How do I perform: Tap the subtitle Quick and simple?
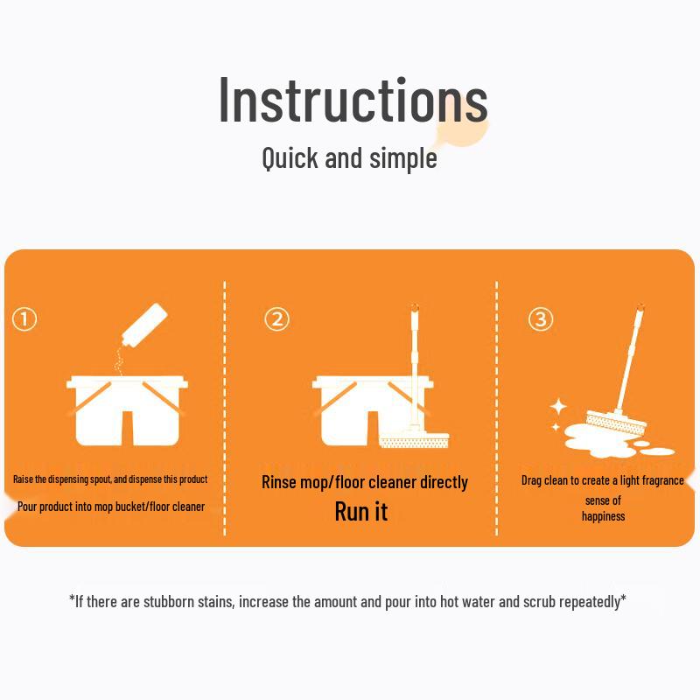point(349,158)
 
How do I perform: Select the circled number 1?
point(24,319)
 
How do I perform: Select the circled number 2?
point(276,319)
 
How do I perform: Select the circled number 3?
point(541,319)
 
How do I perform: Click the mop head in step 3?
point(616,421)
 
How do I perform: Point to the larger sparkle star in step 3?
point(558,407)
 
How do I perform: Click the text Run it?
point(360,512)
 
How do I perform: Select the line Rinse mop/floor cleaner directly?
point(365,482)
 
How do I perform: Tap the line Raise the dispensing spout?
point(110,479)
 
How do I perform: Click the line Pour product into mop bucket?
point(111,507)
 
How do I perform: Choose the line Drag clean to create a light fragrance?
point(603,480)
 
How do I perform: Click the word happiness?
point(604,516)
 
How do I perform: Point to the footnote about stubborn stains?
point(347,601)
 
